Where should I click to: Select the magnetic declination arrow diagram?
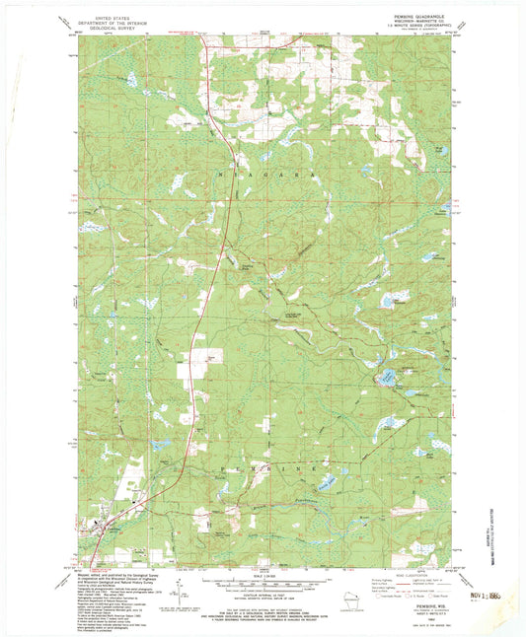[179, 592]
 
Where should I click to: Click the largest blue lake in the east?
[388, 376]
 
